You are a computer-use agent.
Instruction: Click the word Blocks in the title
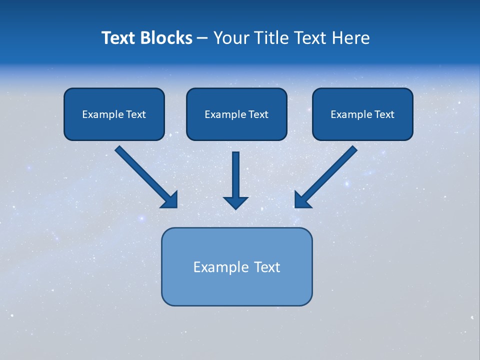point(167,38)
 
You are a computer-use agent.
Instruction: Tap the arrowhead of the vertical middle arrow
point(236,202)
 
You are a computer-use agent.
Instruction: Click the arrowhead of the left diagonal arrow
point(170,200)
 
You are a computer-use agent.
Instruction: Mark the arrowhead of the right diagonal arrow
point(302,200)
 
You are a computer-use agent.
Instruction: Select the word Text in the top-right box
point(384,114)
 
